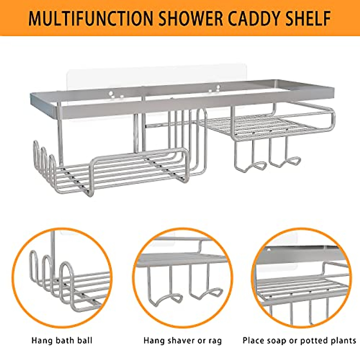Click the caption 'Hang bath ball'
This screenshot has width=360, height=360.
(x=62, y=340)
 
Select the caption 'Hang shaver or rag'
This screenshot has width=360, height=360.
(x=182, y=340)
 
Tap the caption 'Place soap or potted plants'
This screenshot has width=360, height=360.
(x=299, y=340)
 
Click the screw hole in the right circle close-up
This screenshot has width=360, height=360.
(x=268, y=250)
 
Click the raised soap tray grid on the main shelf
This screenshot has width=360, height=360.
(x=264, y=126)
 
